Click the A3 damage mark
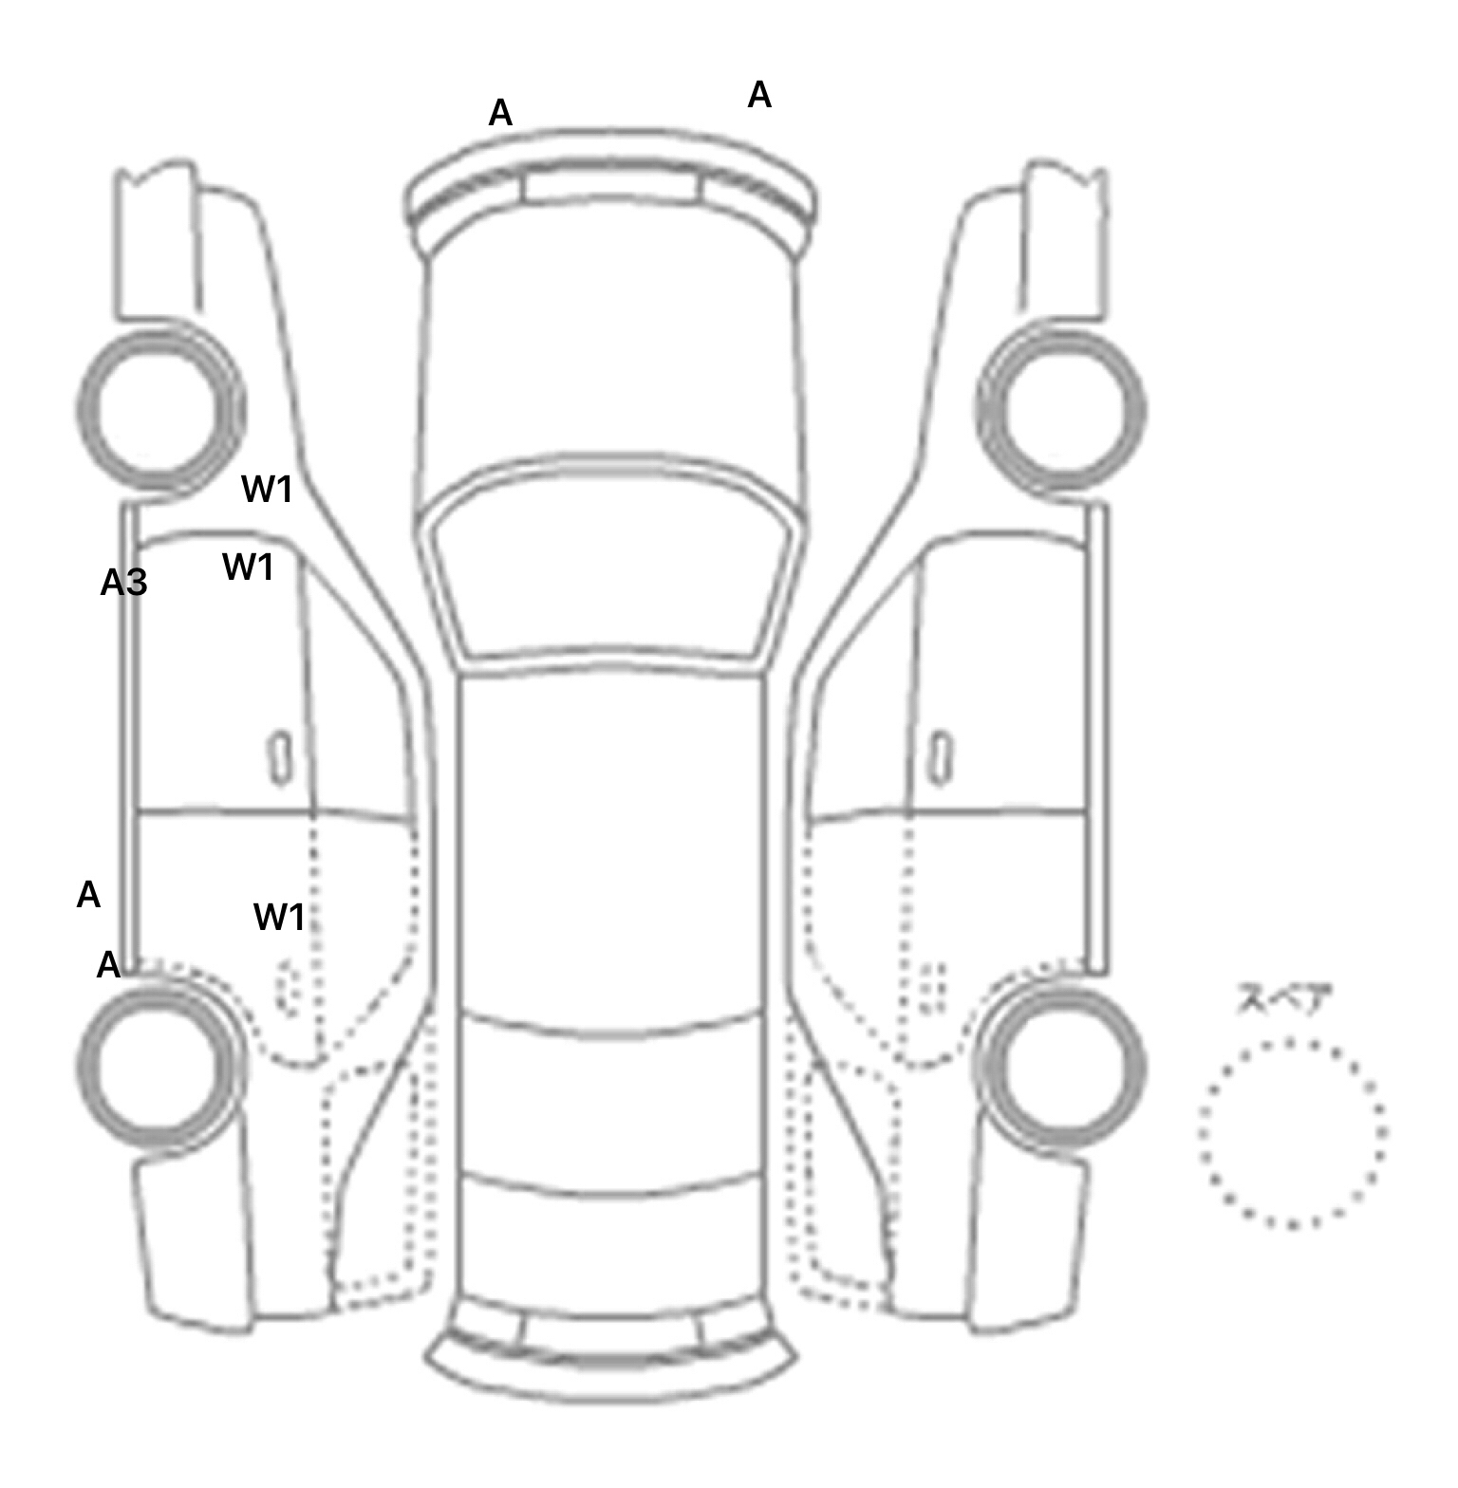[124, 583]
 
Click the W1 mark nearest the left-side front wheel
[267, 490]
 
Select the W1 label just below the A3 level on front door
[248, 567]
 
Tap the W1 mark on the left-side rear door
[279, 917]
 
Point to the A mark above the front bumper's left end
[500, 113]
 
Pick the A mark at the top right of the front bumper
[759, 95]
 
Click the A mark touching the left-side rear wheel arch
[109, 965]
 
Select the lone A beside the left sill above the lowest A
[88, 894]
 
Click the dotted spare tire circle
[1292, 1132]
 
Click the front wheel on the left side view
[159, 410]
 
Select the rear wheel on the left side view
[159, 1065]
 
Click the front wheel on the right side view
[1062, 410]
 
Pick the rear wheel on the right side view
[1062, 1065]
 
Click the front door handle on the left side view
[280, 757]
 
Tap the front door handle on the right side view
[941, 757]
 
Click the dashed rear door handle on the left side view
[286, 987]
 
